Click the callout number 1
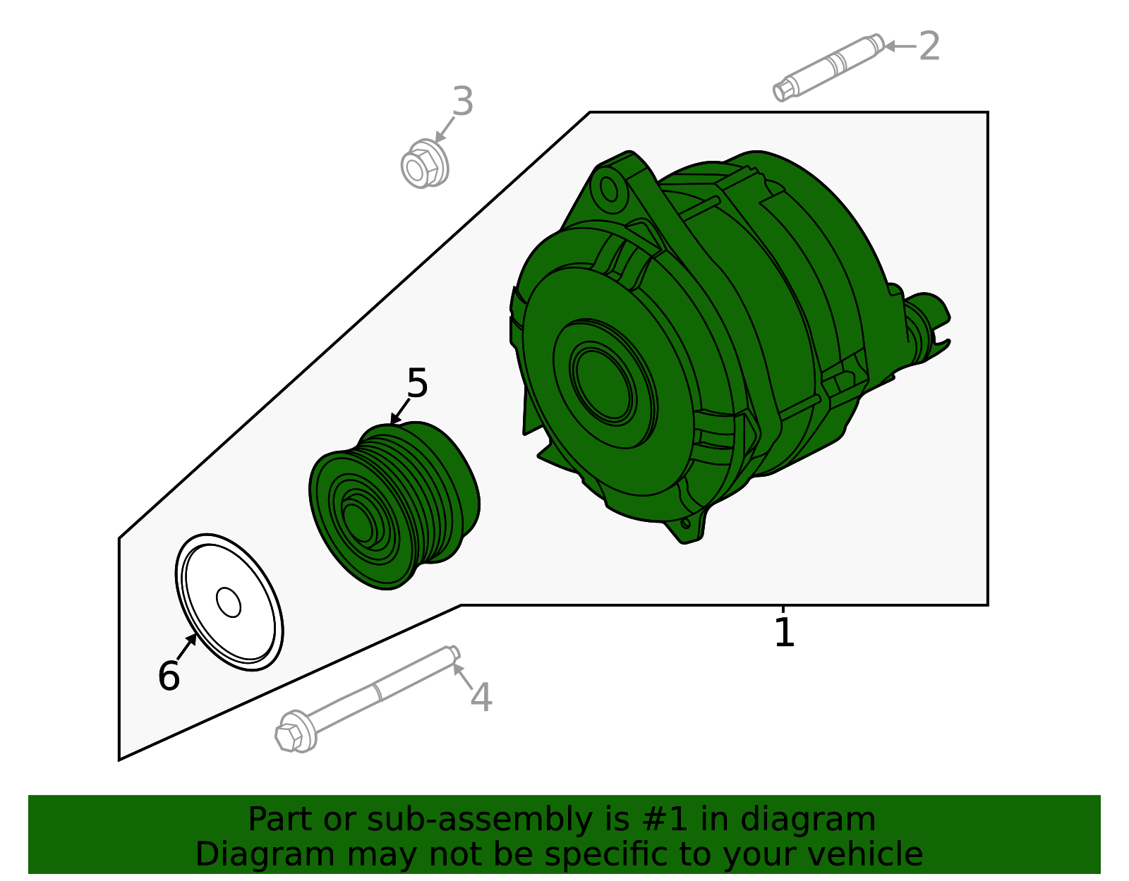[784, 632]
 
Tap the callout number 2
[929, 47]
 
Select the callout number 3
[462, 102]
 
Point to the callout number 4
[481, 698]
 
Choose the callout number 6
[169, 676]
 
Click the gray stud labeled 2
[829, 67]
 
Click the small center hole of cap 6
[229, 602]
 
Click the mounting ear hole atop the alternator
[608, 189]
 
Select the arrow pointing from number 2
[900, 47]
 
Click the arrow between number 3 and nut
[445, 130]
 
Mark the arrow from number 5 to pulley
[400, 411]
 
